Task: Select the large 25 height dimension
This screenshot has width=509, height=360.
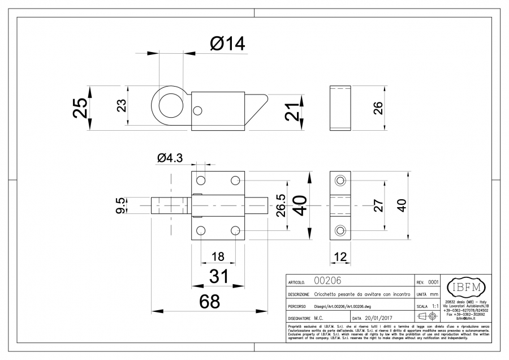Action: click(x=81, y=106)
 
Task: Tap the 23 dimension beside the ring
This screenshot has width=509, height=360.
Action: click(x=121, y=106)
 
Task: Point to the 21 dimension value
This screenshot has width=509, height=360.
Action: click(x=292, y=111)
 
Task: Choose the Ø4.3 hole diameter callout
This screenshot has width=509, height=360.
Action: click(x=170, y=159)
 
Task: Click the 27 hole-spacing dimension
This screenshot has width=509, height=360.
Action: click(x=379, y=205)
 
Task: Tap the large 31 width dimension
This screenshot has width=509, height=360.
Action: click(x=218, y=277)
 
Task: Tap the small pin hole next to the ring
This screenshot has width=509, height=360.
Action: click(x=198, y=110)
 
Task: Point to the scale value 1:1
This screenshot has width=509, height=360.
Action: click(x=436, y=305)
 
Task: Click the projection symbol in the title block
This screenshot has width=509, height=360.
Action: click(x=428, y=315)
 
